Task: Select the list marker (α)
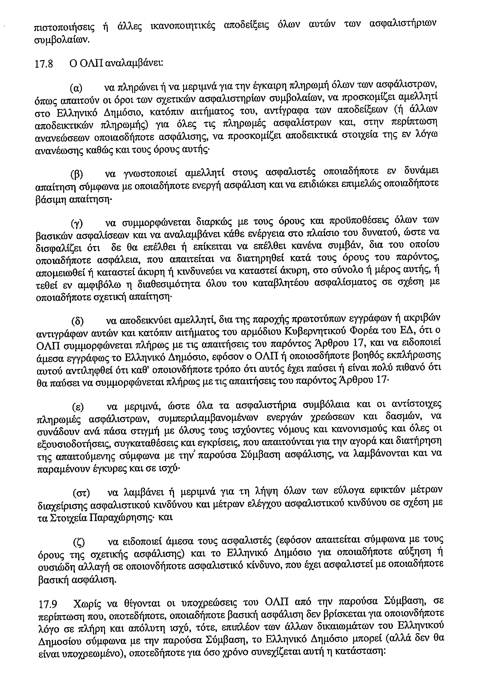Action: click(76, 89)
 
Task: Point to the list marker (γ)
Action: click(77, 223)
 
